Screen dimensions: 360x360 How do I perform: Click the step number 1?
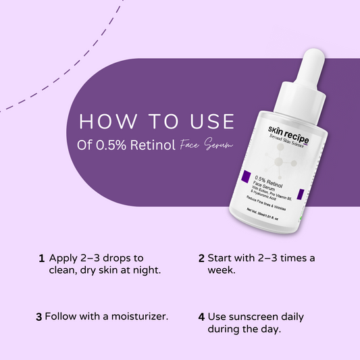coord(41,259)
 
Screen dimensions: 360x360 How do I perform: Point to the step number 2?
coord(201,259)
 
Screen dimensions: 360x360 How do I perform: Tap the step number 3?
coord(39,316)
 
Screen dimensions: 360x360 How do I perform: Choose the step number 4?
coord(201,316)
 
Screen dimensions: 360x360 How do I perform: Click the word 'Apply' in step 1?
coord(62,259)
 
